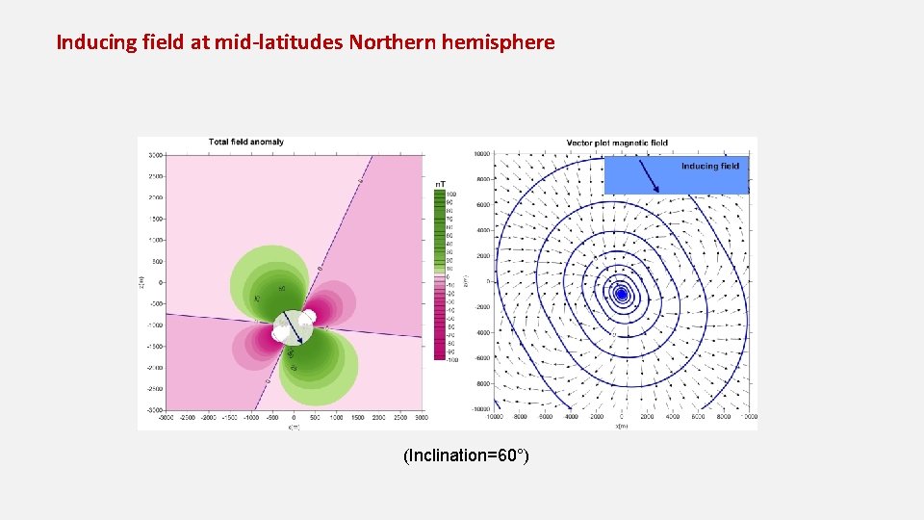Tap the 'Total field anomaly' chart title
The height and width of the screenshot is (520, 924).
click(x=246, y=142)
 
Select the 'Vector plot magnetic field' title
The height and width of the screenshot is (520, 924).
click(x=617, y=143)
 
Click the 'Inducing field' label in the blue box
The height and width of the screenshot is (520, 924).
click(x=710, y=166)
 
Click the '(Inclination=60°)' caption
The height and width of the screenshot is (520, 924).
click(x=466, y=455)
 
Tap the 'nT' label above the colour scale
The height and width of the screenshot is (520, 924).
click(x=440, y=183)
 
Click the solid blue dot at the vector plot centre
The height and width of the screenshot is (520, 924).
click(x=622, y=294)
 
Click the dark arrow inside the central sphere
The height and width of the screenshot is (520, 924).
click(x=295, y=328)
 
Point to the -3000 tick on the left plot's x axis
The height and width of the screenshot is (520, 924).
click(x=167, y=418)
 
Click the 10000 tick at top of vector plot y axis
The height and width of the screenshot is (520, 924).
click(x=482, y=154)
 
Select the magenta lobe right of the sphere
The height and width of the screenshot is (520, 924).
click(x=332, y=306)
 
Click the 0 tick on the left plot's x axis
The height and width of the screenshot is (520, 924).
click(x=294, y=418)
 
